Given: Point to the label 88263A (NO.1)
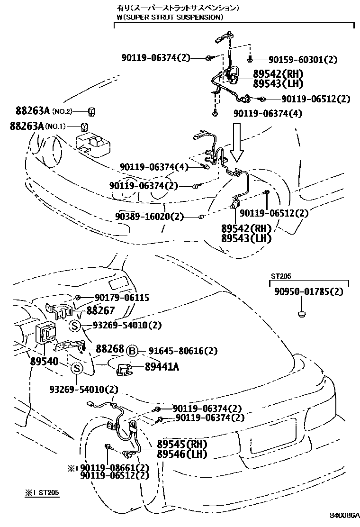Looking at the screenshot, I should click(x=37, y=126).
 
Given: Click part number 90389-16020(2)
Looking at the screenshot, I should click(x=149, y=217).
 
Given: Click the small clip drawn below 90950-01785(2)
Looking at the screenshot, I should click(x=301, y=313).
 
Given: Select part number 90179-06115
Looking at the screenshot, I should click(x=122, y=298).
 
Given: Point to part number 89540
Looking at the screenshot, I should click(x=44, y=362).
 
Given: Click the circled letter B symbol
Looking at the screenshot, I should click(x=133, y=351).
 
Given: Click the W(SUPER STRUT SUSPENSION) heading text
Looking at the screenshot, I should click(x=170, y=18).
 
